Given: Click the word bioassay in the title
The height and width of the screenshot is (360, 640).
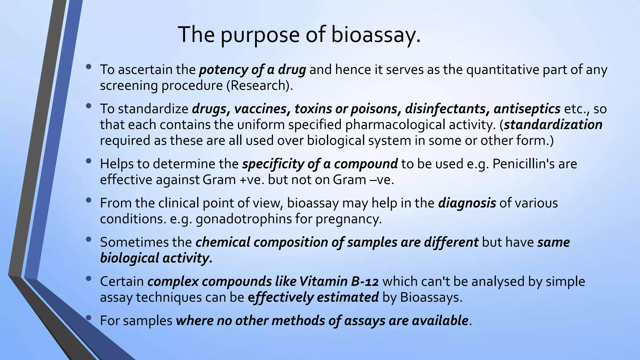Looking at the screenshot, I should click(375, 34).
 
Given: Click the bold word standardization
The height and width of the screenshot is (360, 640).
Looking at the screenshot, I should click(553, 125).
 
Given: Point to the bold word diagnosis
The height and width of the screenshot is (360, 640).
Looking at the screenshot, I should click(467, 203).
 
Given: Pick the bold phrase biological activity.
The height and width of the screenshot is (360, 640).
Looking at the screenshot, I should click(156, 258).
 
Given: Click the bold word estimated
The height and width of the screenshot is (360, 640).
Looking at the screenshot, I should click(348, 297).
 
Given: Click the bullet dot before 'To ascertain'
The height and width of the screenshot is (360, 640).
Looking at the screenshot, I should click(89, 67).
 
